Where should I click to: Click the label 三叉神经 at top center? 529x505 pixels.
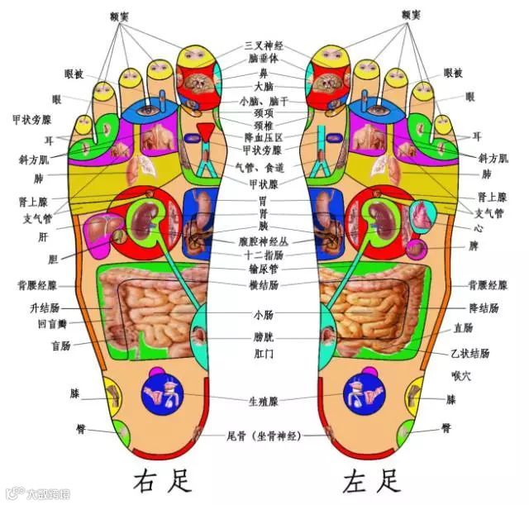point(263,45)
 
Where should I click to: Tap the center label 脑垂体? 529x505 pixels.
point(263,59)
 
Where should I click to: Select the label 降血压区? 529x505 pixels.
point(263,137)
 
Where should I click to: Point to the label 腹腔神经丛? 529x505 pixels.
point(263,242)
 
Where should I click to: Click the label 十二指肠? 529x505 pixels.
point(263,255)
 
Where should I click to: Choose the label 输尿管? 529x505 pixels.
point(263,269)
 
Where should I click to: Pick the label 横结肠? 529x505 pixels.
point(263,284)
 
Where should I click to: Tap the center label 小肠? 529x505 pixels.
point(263,315)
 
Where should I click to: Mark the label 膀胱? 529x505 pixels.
point(263,337)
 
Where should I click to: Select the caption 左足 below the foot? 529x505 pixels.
point(372,479)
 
